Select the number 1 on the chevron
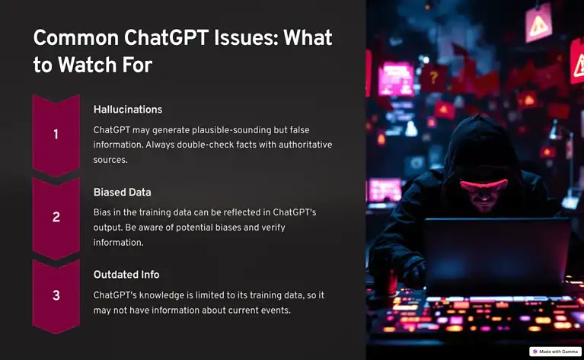tap(56, 135)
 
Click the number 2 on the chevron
tap(56, 217)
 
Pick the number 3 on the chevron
tap(56, 295)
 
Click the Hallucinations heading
tap(127, 110)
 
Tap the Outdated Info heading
tap(126, 274)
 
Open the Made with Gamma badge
tap(555, 352)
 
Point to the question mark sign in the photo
tap(434, 78)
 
